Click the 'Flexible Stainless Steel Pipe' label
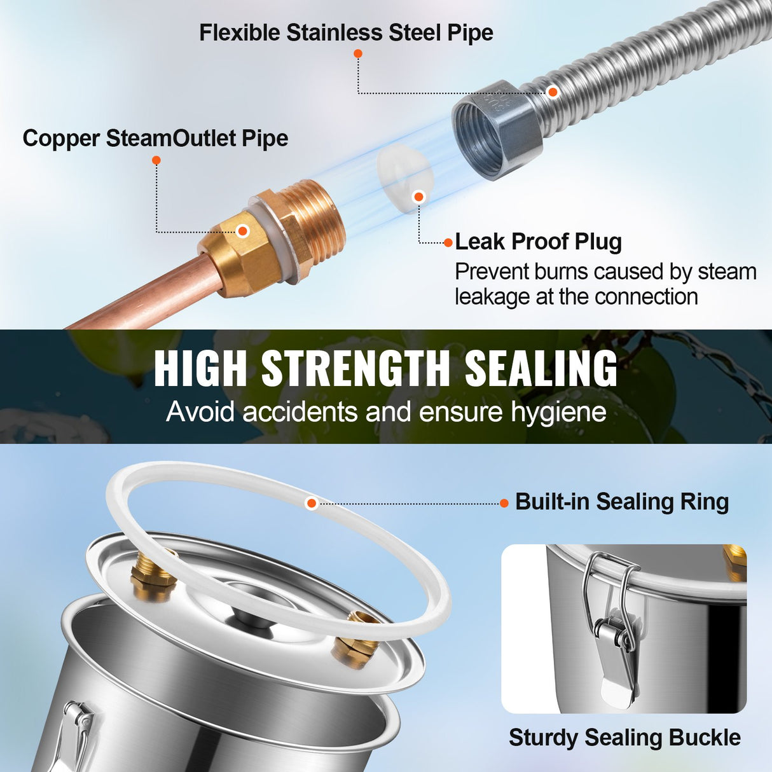(346, 32)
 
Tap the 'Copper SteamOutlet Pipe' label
(155, 138)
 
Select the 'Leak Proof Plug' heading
(538, 242)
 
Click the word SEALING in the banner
(541, 368)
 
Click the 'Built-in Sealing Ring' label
(622, 502)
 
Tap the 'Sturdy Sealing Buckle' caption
(624, 737)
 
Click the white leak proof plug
(404, 179)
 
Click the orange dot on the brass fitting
(242, 230)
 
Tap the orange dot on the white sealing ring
(312, 503)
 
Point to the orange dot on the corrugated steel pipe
(553, 92)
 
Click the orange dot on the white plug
(418, 196)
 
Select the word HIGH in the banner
(200, 368)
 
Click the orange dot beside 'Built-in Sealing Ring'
(504, 503)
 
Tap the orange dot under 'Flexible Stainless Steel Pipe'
(358, 53)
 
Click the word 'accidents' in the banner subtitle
(300, 411)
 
